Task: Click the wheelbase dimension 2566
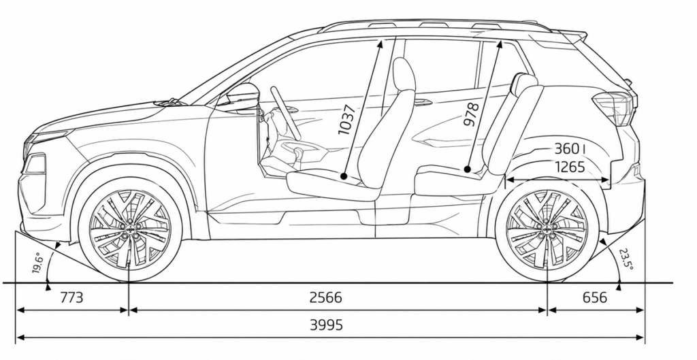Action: click(325, 297)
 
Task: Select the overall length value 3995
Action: click(326, 325)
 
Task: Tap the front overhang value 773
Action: click(71, 297)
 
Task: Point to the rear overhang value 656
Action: click(594, 297)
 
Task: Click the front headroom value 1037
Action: click(346, 120)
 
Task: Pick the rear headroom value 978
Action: click(471, 115)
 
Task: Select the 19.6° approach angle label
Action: click(37, 263)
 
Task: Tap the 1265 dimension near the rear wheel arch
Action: click(570, 167)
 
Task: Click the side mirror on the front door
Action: click(242, 96)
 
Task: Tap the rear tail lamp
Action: click(615, 108)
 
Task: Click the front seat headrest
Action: click(404, 74)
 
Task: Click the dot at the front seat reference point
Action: click(344, 176)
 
